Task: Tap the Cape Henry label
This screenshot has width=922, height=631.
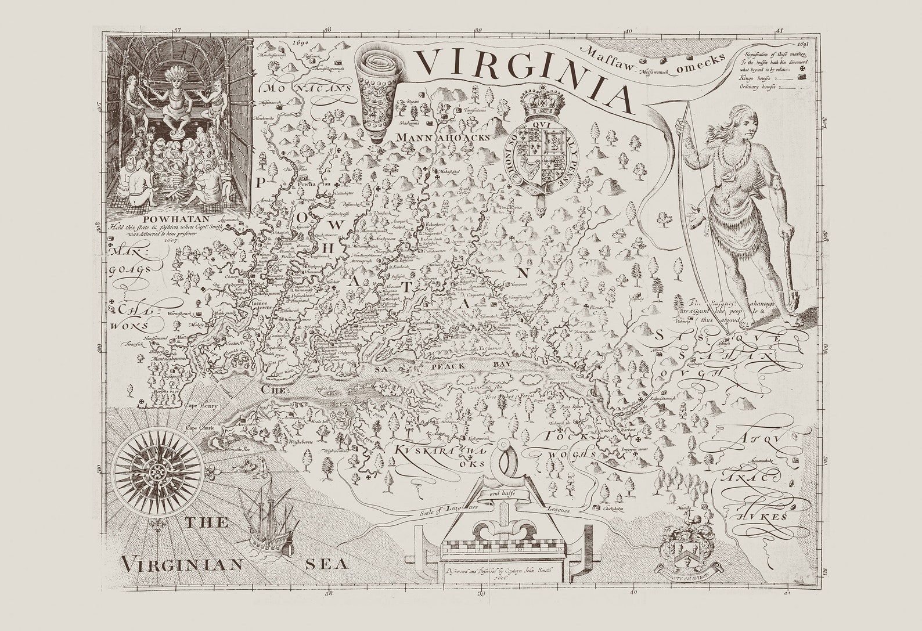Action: click(x=200, y=406)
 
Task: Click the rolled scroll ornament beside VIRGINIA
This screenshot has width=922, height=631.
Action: click(x=377, y=90)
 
